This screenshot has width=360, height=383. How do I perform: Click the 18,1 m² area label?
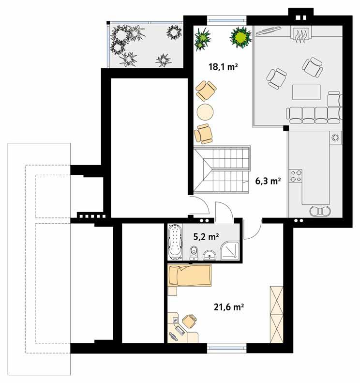coord(223,68)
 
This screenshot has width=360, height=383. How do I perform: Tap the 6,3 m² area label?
coord(268,182)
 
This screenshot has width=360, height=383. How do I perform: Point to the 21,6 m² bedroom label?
coord(228,306)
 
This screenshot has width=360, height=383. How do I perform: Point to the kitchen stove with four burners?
coord(295,176)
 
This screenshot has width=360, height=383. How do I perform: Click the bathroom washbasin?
coord(209,254)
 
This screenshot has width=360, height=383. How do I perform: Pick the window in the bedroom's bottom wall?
coord(227,346)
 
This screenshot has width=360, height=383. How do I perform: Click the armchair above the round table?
coord(206,91)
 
